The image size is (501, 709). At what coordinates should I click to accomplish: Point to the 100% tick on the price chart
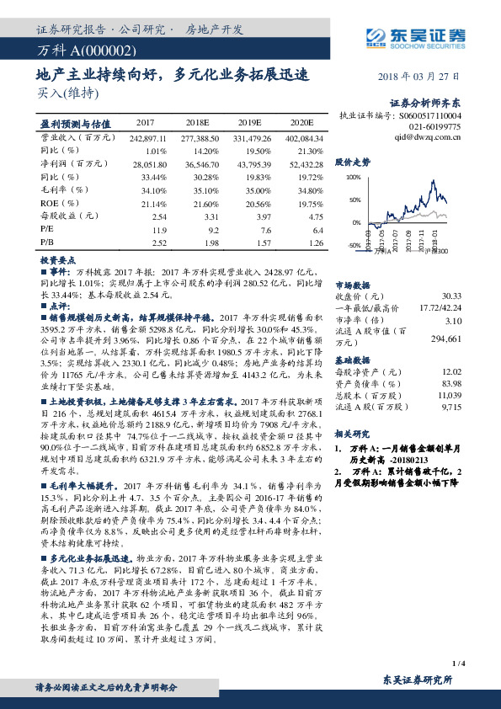[x=353, y=178]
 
